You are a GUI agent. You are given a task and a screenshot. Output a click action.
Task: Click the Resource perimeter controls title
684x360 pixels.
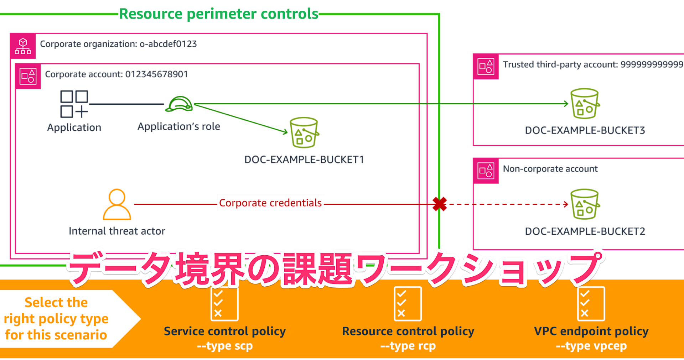click(x=218, y=14)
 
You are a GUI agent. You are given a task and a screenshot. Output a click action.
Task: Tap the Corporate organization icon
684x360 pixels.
click(x=23, y=46)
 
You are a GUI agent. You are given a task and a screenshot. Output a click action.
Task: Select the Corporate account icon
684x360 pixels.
click(x=28, y=77)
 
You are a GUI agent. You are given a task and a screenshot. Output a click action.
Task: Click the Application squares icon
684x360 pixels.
click(x=74, y=104)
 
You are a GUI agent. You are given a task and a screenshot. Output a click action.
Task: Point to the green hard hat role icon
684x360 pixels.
click(x=179, y=104)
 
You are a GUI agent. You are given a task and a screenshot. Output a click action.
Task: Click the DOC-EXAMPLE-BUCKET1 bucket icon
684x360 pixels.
click(x=304, y=132)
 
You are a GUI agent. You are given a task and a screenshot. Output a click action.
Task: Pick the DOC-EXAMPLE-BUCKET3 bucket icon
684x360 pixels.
click(x=585, y=103)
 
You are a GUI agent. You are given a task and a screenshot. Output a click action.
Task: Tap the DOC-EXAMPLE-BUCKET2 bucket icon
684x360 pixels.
click(x=585, y=204)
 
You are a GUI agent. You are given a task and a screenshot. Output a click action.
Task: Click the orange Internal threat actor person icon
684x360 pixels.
click(x=117, y=204)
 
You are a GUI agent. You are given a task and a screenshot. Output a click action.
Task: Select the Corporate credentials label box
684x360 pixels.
click(x=270, y=203)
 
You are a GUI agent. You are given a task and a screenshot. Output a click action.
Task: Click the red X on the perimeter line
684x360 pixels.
click(x=440, y=204)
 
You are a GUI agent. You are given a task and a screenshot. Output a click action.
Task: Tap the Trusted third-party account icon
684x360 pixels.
click(x=486, y=67)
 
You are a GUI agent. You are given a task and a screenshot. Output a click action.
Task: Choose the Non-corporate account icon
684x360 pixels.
click(x=486, y=171)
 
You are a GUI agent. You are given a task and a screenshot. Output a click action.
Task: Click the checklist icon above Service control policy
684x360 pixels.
click(x=224, y=304)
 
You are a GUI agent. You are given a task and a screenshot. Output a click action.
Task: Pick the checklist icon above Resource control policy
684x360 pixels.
click(x=408, y=304)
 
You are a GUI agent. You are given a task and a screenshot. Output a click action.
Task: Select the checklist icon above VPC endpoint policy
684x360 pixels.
click(x=591, y=304)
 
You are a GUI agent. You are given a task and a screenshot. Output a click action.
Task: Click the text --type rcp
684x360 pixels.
click(x=408, y=346)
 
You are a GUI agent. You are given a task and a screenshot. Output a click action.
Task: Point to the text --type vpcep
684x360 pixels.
click(x=591, y=346)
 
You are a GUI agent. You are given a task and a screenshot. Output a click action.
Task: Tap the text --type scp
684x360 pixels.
click(x=225, y=346)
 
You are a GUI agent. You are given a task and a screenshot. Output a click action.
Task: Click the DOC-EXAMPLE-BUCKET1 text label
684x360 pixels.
click(x=304, y=160)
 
